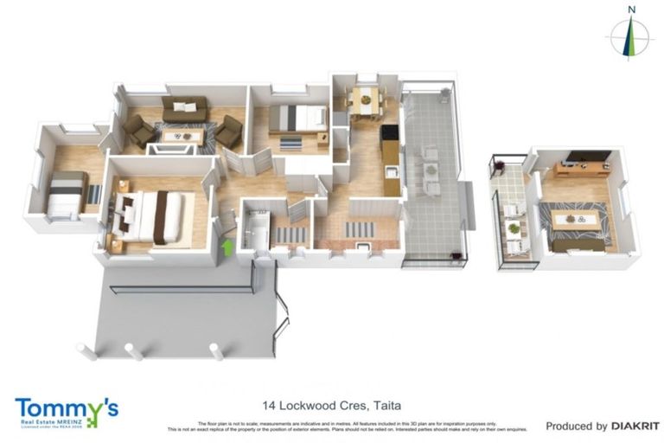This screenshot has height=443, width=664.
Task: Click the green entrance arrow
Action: (x=227, y=247)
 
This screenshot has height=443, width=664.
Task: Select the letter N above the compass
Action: (x=632, y=10)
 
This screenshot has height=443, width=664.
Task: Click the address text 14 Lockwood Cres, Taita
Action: (x=332, y=405)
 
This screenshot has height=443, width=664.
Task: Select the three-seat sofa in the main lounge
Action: (x=184, y=109)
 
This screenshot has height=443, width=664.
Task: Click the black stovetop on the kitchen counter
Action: (x=389, y=134)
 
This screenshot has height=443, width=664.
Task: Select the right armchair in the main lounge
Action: (x=229, y=132)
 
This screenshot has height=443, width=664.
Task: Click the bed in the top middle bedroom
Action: (x=297, y=118)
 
